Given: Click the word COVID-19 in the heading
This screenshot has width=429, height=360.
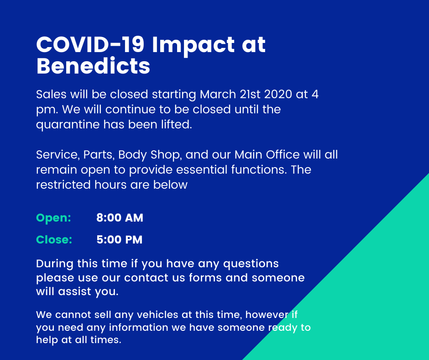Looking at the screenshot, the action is click(x=90, y=44).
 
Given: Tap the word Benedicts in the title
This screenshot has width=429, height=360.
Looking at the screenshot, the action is click(x=93, y=66).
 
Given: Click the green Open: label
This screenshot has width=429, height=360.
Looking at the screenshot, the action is click(x=54, y=218).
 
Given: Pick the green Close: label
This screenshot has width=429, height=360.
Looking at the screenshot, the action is click(x=54, y=239).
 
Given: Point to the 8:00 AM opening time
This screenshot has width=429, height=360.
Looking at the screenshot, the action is click(x=120, y=218).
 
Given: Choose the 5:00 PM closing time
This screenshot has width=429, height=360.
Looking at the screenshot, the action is click(x=119, y=239).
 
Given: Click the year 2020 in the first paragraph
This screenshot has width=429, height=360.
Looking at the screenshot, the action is click(x=278, y=94).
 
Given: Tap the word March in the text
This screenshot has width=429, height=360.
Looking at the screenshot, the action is click(x=218, y=94).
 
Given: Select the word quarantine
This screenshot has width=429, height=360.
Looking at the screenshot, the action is click(x=68, y=125).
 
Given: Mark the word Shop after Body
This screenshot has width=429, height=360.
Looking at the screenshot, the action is click(x=166, y=155).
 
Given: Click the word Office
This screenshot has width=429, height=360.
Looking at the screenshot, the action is click(x=283, y=154).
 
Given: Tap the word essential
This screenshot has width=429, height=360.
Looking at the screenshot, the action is click(x=202, y=169).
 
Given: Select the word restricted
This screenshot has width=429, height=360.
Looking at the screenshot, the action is click(x=63, y=185).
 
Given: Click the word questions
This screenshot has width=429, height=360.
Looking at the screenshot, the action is click(x=251, y=264).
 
